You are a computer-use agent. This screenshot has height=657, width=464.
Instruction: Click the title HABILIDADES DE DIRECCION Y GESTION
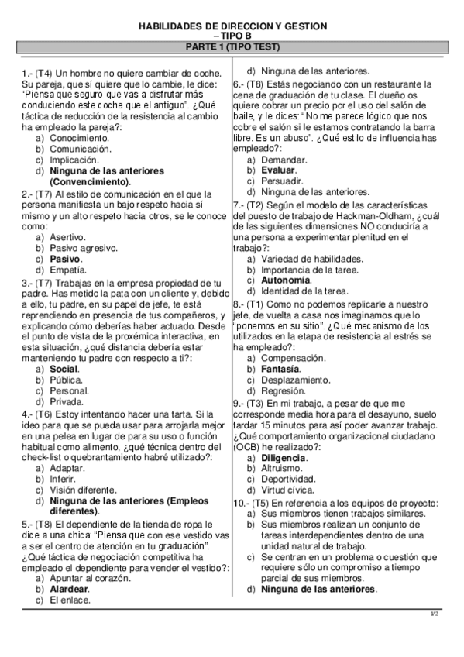(232, 26)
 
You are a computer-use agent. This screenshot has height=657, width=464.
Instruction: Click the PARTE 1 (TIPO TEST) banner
(232, 47)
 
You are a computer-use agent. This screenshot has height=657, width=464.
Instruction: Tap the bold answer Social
(64, 370)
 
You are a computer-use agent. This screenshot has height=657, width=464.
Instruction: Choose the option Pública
(66, 380)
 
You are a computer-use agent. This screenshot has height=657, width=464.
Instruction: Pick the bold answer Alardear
(69, 589)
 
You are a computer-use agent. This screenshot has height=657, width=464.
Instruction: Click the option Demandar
(284, 159)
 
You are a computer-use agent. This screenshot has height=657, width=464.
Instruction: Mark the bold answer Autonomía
(285, 280)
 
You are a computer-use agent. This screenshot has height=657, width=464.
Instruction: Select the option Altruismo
(283, 469)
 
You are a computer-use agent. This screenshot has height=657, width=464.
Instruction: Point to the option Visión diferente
(83, 490)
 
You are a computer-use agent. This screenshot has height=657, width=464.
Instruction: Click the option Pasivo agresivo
(84, 248)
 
